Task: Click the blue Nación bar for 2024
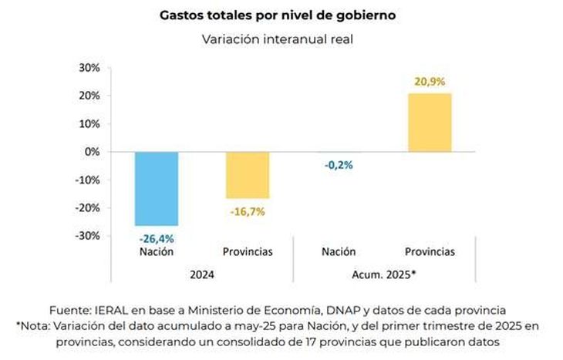157,188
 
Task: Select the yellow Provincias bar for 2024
248,175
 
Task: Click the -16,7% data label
248,211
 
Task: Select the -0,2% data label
339,163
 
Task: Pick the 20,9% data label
430,81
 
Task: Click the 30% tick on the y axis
89,68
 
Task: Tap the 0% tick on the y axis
92,152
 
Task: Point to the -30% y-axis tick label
86,236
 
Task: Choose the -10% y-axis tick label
86,180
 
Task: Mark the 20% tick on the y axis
89,96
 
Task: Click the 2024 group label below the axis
202,273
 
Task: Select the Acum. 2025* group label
384,273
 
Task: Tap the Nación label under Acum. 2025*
339,251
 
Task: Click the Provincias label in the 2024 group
248,251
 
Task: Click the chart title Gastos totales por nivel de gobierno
278,15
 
